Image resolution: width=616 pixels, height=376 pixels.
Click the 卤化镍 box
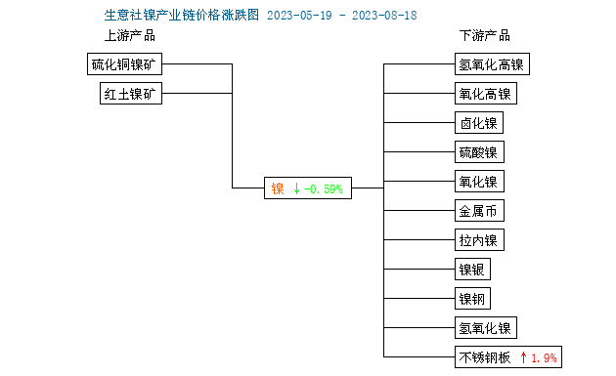click(x=479, y=123)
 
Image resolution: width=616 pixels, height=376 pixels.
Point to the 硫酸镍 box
click(x=479, y=152)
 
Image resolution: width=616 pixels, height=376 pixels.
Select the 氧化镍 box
click(x=479, y=182)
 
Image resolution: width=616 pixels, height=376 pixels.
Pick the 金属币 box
click(x=479, y=211)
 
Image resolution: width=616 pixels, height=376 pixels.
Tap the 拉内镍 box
click(x=479, y=240)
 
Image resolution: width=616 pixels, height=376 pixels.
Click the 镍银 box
click(x=472, y=270)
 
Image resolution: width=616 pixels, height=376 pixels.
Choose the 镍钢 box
click(x=472, y=299)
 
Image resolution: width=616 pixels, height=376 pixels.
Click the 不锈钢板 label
click(x=485, y=357)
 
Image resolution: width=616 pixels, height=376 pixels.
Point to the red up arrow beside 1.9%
click(x=524, y=357)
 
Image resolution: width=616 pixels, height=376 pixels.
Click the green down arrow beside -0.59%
click(x=296, y=188)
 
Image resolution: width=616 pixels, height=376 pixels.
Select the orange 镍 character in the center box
click(x=278, y=188)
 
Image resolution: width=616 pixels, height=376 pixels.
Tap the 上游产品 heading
click(x=129, y=36)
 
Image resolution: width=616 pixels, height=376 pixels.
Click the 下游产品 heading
click(x=485, y=36)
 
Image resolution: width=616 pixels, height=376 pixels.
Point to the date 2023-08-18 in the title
click(x=357, y=16)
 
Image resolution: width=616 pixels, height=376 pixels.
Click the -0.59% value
click(x=324, y=188)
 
